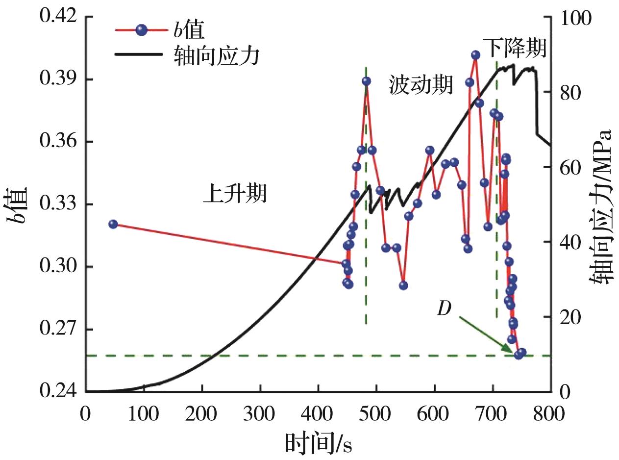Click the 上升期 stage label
pyautogui.click(x=235, y=193)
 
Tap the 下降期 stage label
pyautogui.click(x=514, y=48)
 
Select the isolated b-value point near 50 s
pyautogui.click(x=113, y=224)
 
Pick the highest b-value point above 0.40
pyautogui.click(x=475, y=55)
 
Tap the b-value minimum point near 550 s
pyautogui.click(x=403, y=285)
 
